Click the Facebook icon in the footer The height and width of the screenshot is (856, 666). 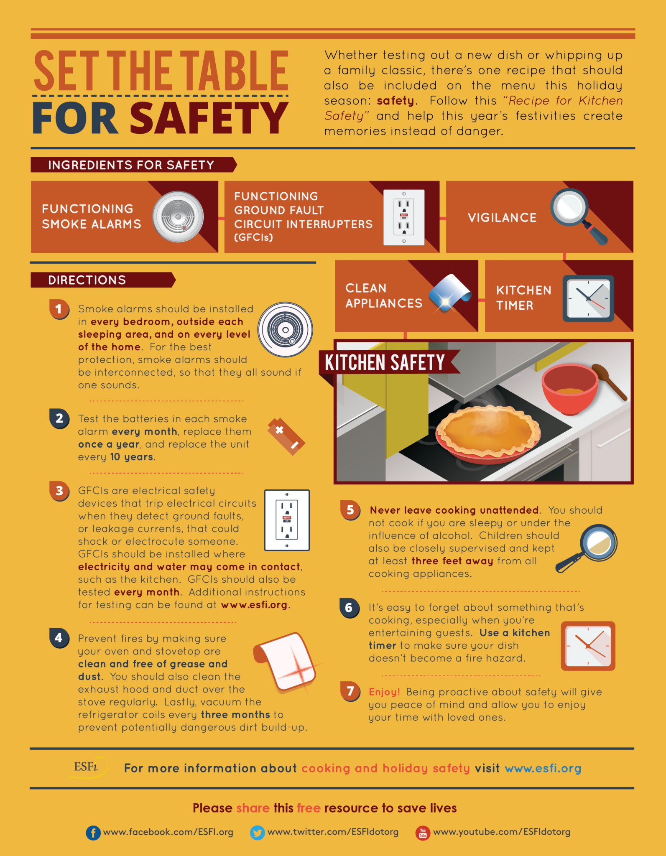[93, 833]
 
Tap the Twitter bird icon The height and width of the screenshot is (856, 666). [257, 833]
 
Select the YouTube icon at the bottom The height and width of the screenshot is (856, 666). [423, 833]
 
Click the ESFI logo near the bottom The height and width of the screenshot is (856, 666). [86, 767]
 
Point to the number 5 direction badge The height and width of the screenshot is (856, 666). [350, 510]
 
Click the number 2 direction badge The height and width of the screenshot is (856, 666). [59, 418]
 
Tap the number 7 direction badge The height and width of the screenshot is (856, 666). [350, 691]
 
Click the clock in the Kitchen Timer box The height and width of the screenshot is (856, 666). [588, 298]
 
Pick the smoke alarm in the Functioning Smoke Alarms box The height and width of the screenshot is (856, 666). [178, 217]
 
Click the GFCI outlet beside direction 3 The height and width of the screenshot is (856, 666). [287, 520]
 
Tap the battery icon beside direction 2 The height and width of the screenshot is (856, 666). [286, 436]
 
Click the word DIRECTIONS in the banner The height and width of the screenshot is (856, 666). [87, 280]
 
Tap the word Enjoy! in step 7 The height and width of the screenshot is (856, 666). [384, 692]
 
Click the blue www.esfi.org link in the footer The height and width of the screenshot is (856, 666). [543, 768]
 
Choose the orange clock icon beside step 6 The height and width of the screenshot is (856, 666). [588, 646]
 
